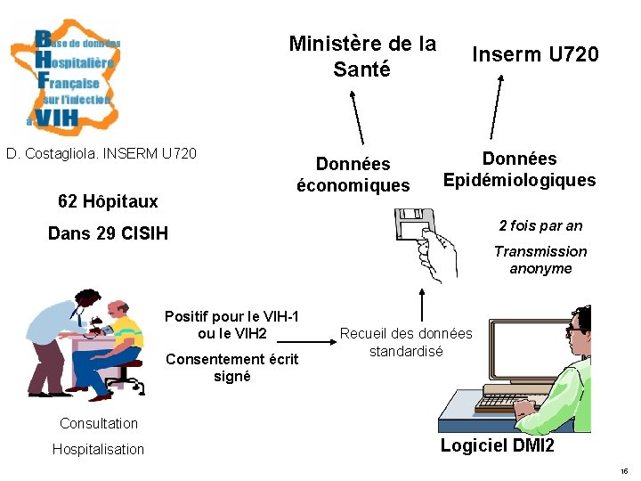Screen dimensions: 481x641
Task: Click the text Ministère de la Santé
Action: click(x=362, y=56)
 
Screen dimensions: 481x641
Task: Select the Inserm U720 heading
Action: click(x=535, y=55)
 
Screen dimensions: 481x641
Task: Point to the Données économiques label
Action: click(x=353, y=175)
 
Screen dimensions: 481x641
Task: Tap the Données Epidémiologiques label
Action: click(x=519, y=169)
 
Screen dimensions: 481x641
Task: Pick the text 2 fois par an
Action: click(x=540, y=225)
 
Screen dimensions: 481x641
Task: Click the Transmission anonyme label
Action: click(x=540, y=260)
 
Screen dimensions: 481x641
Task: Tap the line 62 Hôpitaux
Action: click(x=108, y=201)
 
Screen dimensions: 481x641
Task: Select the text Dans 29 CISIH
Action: click(x=108, y=234)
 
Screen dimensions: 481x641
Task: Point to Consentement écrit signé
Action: click(x=232, y=368)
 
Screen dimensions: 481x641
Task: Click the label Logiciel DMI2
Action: click(x=497, y=445)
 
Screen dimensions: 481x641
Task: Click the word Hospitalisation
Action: click(x=98, y=449)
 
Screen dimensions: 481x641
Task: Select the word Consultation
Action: click(x=99, y=423)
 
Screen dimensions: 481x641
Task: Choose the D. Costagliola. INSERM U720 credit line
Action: click(x=101, y=154)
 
